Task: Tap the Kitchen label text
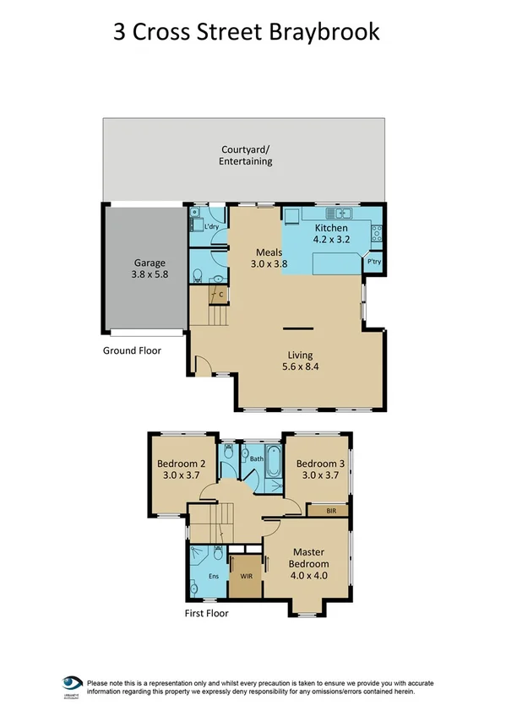pos(331,228)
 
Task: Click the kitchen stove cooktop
pos(377,232)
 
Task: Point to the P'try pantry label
pos(373,263)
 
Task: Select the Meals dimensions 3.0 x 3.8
pos(269,264)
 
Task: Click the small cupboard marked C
pos(220,295)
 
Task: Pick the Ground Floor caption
pos(132,350)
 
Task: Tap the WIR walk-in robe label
pos(246,576)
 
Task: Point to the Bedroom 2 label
pos(181,464)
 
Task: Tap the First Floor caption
pos(206,614)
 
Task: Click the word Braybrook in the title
pos(332,32)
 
